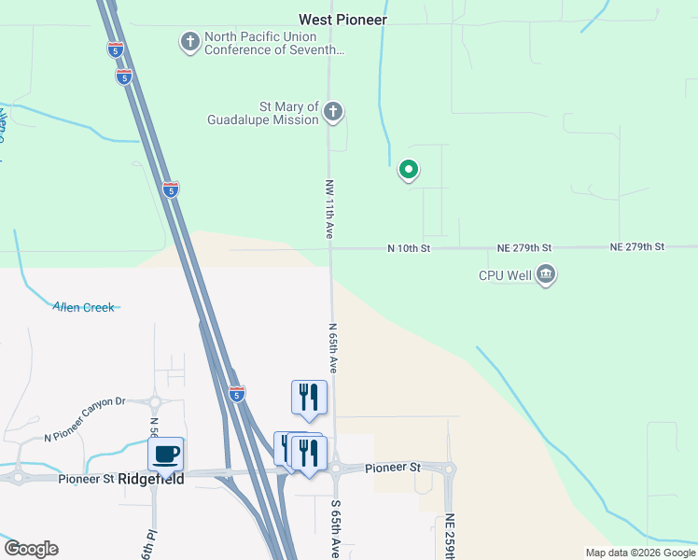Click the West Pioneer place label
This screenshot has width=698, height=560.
(x=342, y=19)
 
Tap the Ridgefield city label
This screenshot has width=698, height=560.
(x=151, y=479)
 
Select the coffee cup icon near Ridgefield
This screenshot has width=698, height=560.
(x=166, y=455)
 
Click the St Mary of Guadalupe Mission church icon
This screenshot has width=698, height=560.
(x=333, y=114)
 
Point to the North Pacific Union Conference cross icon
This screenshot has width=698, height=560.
(x=190, y=42)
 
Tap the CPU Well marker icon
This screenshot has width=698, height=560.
(x=546, y=275)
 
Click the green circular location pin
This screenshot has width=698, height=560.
(x=408, y=170)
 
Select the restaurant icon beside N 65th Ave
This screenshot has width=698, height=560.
(x=309, y=397)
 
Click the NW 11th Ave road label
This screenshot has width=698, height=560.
(x=329, y=209)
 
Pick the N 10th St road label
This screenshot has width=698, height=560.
(x=409, y=248)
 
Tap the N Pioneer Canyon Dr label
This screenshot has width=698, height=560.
(x=84, y=431)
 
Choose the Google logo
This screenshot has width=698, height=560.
(x=31, y=549)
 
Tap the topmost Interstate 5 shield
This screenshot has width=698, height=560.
(x=115, y=49)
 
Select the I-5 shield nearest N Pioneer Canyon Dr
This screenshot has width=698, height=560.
(x=237, y=394)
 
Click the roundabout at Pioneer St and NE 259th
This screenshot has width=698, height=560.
(x=449, y=469)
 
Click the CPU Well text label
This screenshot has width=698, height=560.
(x=505, y=275)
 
